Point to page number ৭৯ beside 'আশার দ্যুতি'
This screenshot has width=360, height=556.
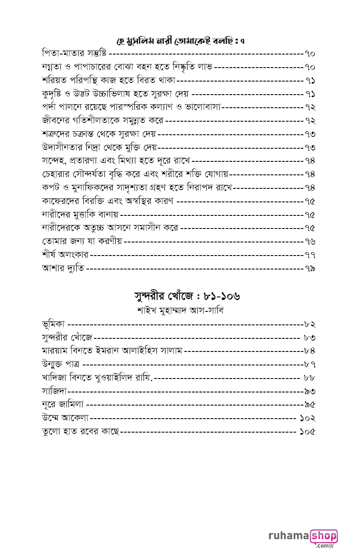pos(310,268)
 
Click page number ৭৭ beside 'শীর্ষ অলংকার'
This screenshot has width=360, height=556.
pos(310,255)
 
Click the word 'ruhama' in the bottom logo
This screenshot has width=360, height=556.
pos(288,536)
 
